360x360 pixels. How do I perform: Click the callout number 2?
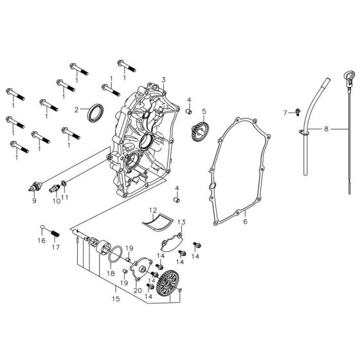point(76,110)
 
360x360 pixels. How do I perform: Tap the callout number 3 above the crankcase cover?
point(163,80)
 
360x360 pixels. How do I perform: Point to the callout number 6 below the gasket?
point(245,222)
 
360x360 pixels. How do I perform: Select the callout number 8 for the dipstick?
point(327,129)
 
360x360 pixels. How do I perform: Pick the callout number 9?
point(34,201)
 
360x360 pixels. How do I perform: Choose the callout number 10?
point(55,201)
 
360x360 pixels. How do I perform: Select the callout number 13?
point(181,222)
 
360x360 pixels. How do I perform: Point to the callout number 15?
point(116,298)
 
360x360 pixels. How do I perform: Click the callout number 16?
point(41,241)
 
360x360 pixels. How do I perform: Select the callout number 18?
point(111,273)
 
